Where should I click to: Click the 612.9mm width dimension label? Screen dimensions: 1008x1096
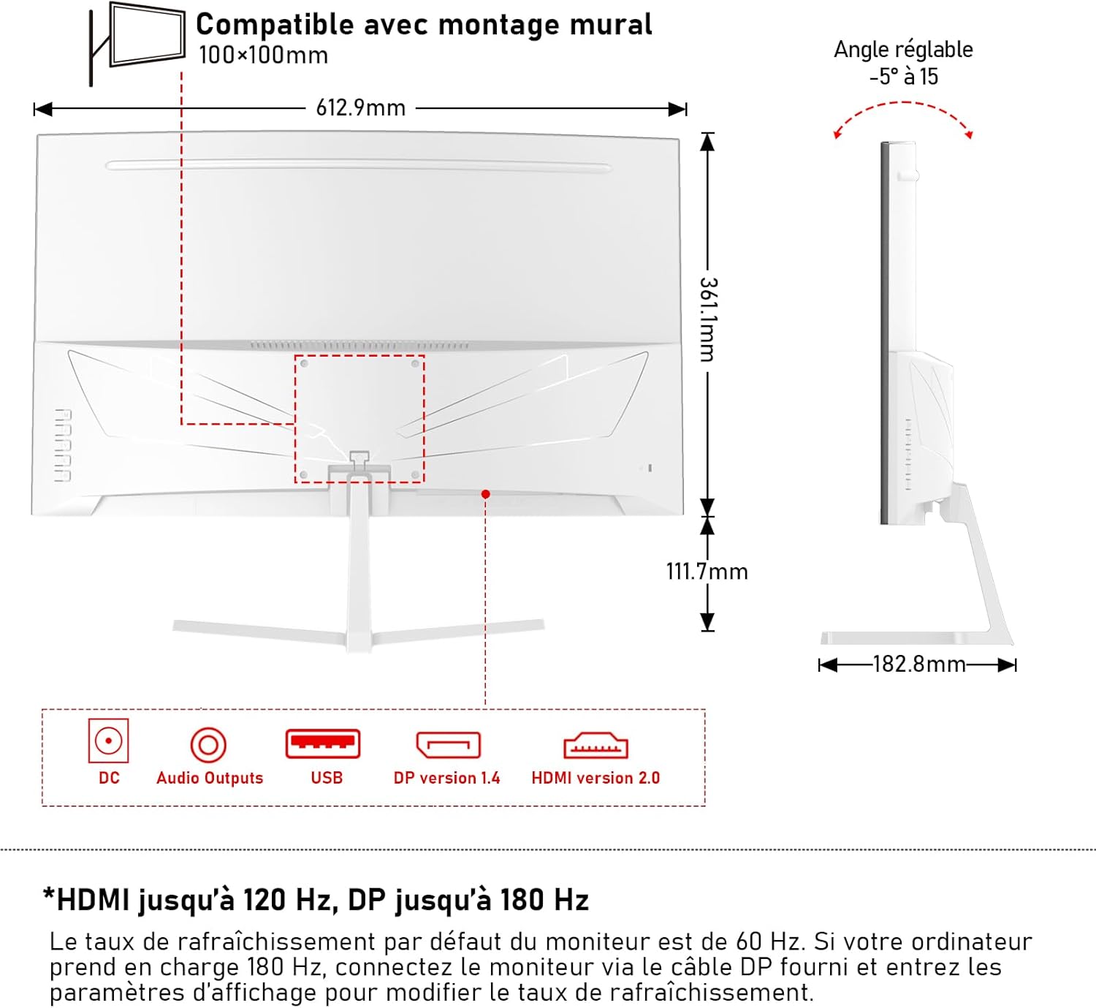(360, 108)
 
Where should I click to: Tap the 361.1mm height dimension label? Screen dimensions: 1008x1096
(707, 319)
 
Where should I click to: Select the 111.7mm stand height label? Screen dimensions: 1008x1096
(707, 571)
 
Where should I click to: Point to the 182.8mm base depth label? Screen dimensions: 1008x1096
(918, 664)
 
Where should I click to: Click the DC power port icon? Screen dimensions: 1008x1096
(108, 740)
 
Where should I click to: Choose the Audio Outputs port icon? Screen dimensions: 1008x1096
(208, 745)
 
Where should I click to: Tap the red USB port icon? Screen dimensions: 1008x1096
(322, 744)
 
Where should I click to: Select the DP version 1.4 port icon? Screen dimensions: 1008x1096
(448, 745)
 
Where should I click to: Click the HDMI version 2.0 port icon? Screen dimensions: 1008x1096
(595, 746)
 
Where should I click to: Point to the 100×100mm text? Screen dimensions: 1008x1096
(263, 56)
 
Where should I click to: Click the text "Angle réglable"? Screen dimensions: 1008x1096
(903, 50)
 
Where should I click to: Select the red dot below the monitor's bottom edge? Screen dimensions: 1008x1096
(485, 494)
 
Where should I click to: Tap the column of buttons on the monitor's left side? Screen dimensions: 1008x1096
(64, 445)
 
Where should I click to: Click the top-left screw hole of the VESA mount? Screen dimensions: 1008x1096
(305, 363)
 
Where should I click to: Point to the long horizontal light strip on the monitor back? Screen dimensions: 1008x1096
(358, 167)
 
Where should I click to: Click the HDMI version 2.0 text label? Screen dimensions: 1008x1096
(595, 778)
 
